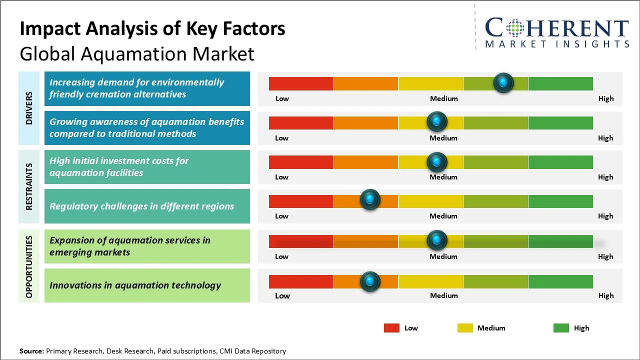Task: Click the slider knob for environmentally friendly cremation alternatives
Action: click(x=503, y=82)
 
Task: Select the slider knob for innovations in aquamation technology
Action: click(x=370, y=281)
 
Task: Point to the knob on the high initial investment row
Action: click(x=437, y=162)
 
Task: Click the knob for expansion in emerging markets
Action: click(x=437, y=240)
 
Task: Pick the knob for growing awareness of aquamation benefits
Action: click(x=437, y=121)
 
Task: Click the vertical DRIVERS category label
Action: click(x=29, y=108)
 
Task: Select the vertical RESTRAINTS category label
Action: click(x=29, y=186)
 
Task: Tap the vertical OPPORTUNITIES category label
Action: click(x=29, y=266)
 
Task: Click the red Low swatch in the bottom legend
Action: click(x=391, y=328)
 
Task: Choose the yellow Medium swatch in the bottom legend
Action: click(x=465, y=328)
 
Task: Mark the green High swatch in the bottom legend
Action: click(x=561, y=328)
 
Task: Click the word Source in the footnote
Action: click(x=31, y=351)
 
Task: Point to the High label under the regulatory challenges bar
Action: click(x=605, y=216)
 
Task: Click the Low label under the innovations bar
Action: click(x=282, y=295)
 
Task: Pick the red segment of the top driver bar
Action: click(x=301, y=83)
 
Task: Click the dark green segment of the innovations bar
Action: click(x=560, y=281)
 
